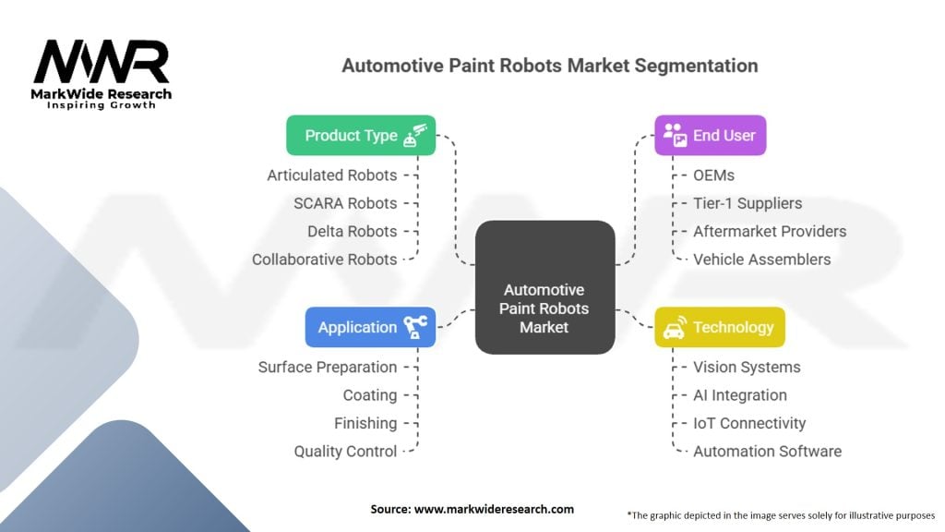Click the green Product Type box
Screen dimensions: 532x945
point(361,135)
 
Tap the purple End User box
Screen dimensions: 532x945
point(711,135)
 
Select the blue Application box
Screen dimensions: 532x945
point(370,327)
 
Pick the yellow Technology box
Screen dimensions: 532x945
point(720,327)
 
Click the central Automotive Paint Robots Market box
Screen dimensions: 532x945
point(544,287)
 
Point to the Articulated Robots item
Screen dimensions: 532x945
point(332,175)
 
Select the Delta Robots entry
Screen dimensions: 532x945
point(353,231)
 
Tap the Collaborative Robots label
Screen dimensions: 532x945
point(325,260)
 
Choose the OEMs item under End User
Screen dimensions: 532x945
point(714,175)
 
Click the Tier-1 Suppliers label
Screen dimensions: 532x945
point(748,203)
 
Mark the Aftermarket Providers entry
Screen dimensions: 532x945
point(770,231)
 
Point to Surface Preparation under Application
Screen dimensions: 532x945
point(328,367)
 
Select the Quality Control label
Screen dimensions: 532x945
point(346,452)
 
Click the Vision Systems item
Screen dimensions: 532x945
point(747,367)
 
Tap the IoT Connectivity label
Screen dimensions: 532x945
point(749,423)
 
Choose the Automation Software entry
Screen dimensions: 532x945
point(767,452)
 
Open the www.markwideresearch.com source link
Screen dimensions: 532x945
point(495,509)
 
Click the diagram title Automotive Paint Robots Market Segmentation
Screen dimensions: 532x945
point(550,66)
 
